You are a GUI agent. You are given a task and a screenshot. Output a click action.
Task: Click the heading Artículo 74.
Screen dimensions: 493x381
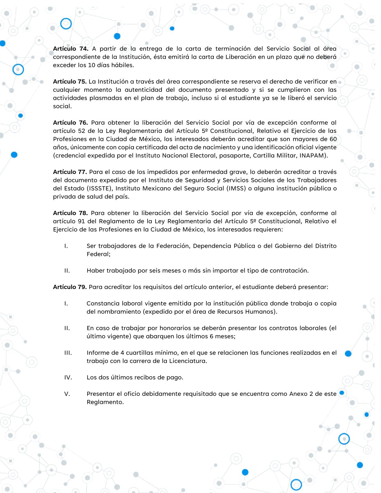[71, 49]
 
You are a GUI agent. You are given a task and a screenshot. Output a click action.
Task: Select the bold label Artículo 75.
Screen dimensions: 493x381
[70, 82]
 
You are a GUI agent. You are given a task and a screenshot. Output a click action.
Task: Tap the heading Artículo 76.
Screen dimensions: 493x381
[70, 123]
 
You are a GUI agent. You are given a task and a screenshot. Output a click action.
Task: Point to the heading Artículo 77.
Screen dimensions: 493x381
[70, 172]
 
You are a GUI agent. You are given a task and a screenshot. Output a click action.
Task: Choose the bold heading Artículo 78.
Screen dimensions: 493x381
[70, 213]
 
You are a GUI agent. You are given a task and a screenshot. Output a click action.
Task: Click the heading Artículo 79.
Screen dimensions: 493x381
[70, 287]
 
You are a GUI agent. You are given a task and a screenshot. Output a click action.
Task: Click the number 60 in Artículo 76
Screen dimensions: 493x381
[333, 139]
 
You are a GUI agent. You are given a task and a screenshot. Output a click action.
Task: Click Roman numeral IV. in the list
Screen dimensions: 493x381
[68, 378]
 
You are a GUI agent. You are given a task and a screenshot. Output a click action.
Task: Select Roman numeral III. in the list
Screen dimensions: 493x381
[68, 353]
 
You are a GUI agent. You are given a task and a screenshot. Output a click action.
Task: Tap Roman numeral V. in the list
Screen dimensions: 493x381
[67, 394]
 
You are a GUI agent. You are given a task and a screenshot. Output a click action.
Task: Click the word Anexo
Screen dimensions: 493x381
[298, 394]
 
